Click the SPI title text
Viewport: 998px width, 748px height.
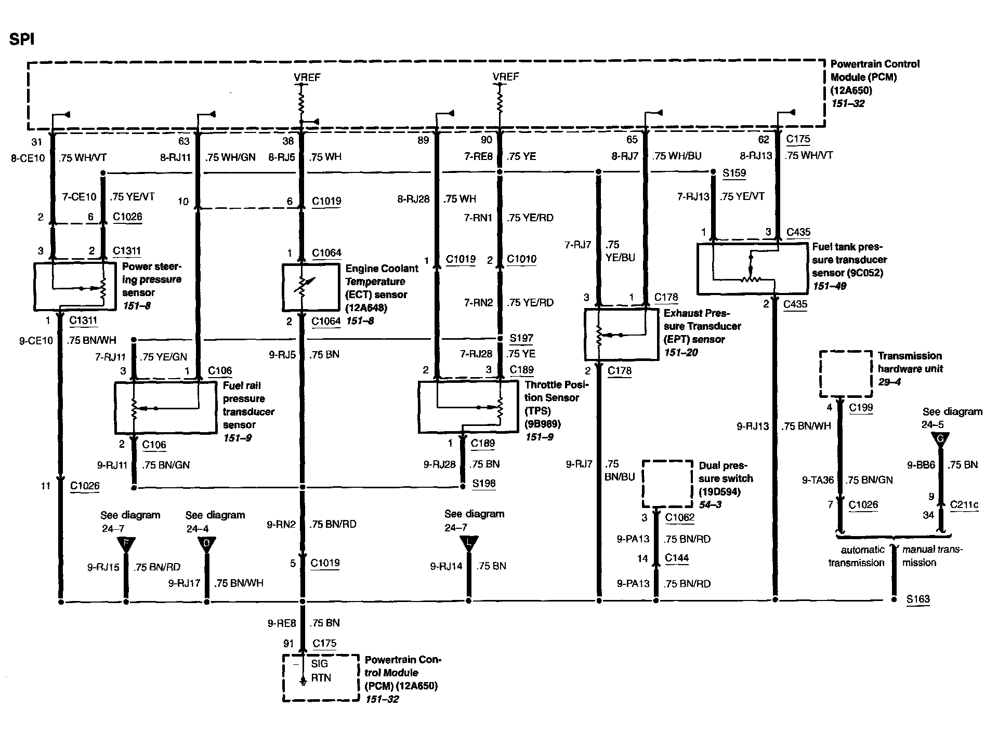pos(22,39)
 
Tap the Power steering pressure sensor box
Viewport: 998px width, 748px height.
pos(75,286)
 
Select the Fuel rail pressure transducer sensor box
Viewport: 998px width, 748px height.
pos(165,408)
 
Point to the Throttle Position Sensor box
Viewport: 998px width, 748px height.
pos(468,407)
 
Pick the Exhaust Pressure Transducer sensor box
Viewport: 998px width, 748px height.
pos(621,334)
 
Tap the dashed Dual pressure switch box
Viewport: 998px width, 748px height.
pos(667,484)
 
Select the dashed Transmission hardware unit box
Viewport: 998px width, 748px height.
pos(846,373)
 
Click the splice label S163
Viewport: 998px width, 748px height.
pos(918,599)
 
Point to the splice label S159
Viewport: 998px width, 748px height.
pos(734,172)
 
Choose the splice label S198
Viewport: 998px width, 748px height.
pos(483,484)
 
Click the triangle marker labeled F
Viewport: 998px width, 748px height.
pos(126,544)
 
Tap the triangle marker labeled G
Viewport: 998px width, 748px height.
pos(940,439)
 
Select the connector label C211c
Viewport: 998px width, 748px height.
pos(964,504)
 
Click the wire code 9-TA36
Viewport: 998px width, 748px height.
pos(818,480)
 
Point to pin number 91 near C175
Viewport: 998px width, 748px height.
pos(288,644)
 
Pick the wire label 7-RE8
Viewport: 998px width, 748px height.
pos(478,156)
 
